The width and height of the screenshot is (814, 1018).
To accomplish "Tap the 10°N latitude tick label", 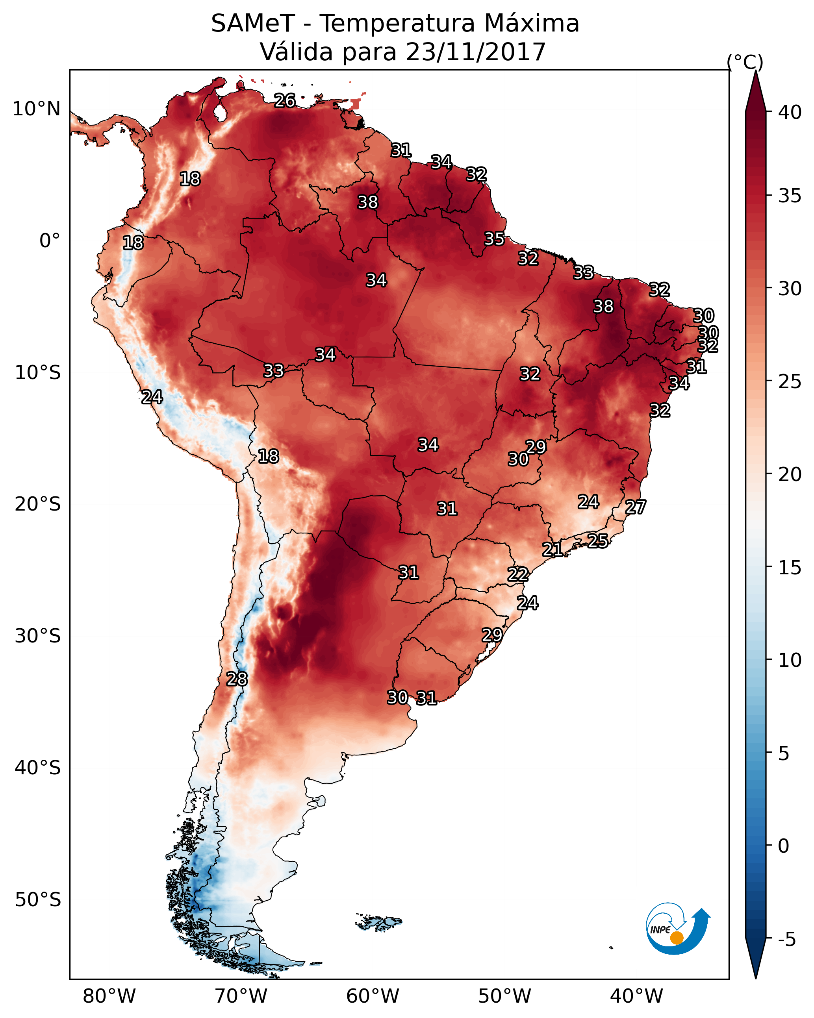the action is point(36,109).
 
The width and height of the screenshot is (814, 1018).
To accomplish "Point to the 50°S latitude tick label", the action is point(38,900).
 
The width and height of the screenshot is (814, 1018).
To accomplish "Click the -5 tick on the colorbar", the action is point(786,940).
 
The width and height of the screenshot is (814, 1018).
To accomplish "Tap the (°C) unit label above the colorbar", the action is point(745,62).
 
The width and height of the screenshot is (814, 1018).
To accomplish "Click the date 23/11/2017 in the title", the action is point(475,52).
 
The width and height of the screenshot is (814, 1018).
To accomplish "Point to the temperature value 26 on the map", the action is point(285,100).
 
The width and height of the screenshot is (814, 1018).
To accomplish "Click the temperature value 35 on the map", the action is point(494,239).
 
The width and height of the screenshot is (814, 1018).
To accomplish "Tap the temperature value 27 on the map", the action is point(636,507).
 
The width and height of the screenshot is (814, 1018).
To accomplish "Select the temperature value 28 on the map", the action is point(237,679).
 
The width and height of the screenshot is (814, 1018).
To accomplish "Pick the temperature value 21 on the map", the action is point(552,550).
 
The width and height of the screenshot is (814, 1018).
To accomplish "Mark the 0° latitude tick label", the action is point(50,241).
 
